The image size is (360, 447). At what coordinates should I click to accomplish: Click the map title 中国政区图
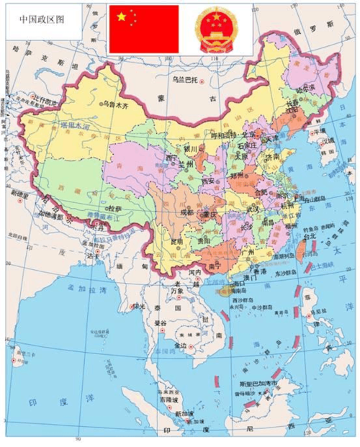(x=41, y=19)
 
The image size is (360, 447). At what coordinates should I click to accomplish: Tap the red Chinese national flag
(x=144, y=29)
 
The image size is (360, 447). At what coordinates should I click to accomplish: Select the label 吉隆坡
(x=166, y=398)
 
